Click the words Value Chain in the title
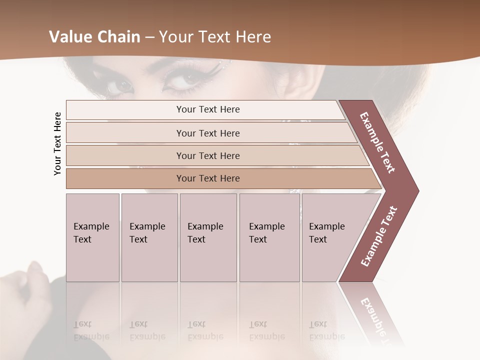94,37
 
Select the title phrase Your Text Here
215,37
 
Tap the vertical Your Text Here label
57,143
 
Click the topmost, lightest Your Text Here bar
207,109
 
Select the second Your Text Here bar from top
207,133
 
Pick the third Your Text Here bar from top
207,155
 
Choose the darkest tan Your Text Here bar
207,178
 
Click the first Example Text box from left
92,237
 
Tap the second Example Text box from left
149,237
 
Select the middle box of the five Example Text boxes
208,237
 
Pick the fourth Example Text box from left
269,237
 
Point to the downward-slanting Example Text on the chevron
377,142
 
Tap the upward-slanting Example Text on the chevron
379,236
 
